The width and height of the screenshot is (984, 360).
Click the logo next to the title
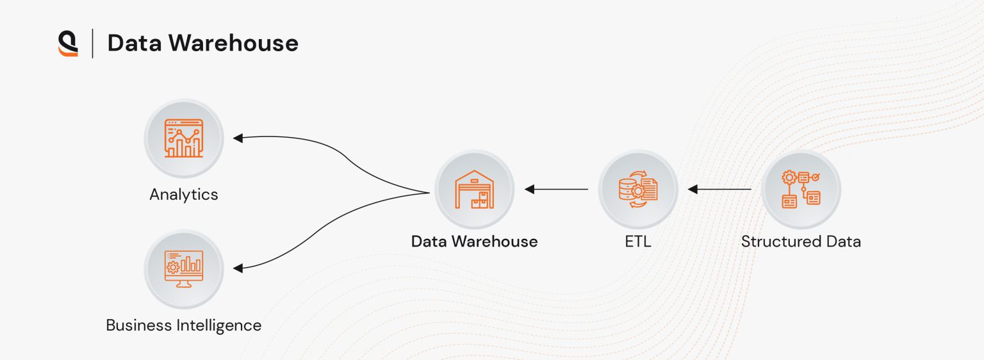68,44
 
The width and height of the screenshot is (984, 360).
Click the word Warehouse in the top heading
233,43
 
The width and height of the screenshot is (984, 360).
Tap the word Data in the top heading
135,43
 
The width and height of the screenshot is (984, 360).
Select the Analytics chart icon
184,138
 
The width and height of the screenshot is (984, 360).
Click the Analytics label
184,194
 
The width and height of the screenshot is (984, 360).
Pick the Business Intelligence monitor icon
184,268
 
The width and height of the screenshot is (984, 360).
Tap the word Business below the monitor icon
139,325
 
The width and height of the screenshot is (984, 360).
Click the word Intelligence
218,326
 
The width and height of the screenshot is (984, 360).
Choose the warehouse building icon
475,189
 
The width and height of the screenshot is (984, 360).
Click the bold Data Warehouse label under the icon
475,241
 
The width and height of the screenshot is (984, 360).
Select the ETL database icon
638,189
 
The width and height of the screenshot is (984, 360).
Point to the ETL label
638,241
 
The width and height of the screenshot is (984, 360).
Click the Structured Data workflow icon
801,189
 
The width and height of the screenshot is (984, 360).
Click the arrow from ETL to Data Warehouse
556,189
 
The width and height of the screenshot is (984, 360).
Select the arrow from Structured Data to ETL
719,189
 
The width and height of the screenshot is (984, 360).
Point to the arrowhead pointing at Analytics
238,138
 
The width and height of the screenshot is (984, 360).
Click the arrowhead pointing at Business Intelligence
238,268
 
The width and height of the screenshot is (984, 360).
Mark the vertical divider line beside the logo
92,44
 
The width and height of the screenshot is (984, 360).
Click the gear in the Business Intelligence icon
172,266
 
